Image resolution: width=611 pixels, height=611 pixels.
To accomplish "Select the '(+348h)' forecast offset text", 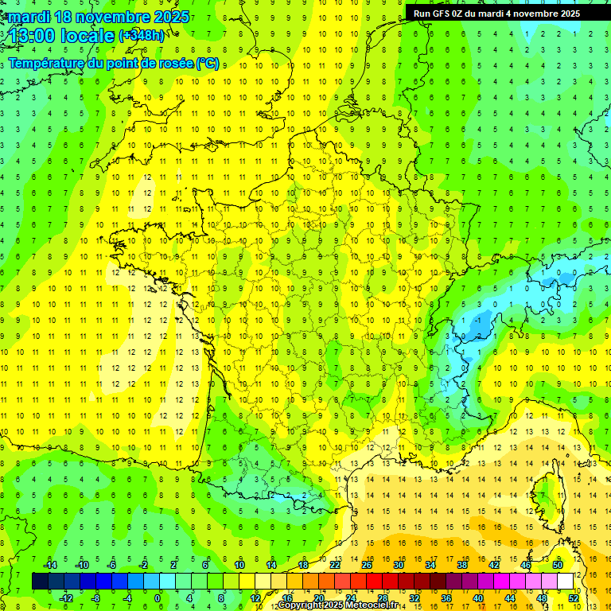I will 142,36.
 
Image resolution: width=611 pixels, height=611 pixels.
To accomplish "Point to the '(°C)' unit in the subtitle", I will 207,63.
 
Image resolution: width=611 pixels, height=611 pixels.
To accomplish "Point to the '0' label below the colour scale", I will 157,598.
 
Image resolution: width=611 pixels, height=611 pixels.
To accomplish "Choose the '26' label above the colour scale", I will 367,565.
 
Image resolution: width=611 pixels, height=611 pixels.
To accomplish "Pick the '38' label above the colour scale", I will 462,565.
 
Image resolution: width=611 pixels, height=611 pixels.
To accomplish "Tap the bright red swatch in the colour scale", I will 374,582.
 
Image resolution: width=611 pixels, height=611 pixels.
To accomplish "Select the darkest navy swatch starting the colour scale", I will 40,582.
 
